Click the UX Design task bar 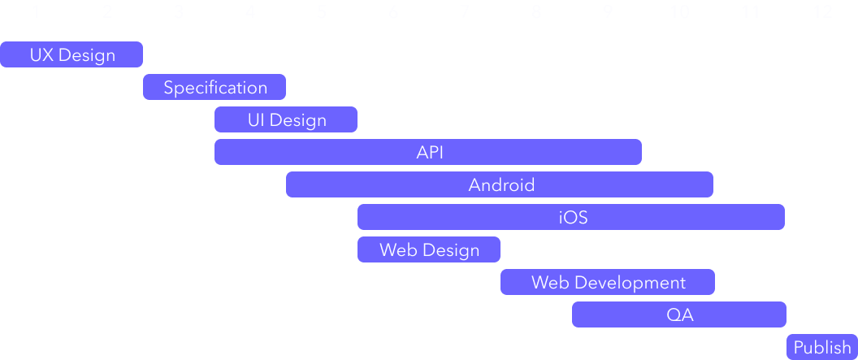(71, 54)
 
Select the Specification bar (214, 87)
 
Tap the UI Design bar (286, 119)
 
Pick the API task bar (428, 152)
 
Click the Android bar (500, 184)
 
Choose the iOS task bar (571, 217)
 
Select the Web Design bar (429, 249)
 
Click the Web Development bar (608, 282)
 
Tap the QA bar (679, 314)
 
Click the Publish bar (821, 347)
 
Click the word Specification (215, 87)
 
